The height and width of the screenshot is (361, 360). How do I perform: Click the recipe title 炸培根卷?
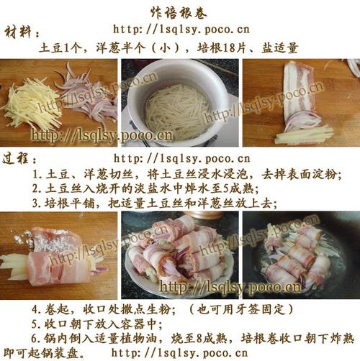coord(179,12)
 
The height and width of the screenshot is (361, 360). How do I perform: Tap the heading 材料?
coord(18,32)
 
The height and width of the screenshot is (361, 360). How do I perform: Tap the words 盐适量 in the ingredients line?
coord(280,47)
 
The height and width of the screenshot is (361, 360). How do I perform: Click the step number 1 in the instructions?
coord(36,174)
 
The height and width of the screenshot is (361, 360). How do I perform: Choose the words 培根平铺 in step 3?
coord(70,204)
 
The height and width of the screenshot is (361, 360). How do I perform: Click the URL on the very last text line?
coord(179,353)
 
